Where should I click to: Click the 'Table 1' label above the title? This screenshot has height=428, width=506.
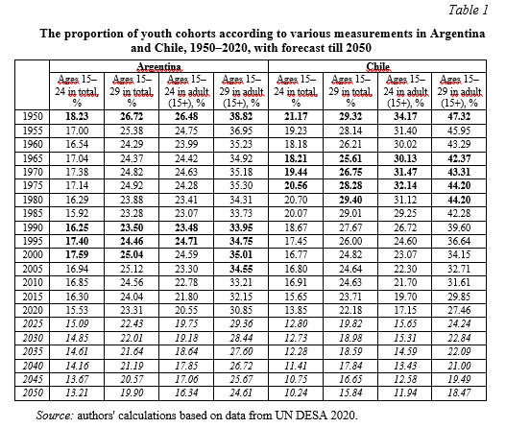pos(469,10)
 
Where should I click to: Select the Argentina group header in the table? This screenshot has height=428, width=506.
pos(158,67)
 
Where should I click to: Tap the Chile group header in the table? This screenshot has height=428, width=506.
pos(377,67)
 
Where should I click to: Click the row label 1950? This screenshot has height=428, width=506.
pos(33,116)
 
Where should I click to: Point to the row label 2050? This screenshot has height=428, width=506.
pos(33,392)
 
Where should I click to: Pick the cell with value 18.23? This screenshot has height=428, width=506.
pos(77,116)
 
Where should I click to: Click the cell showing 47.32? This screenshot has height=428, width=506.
pos(459,116)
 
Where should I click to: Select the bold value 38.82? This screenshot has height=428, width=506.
pos(241,116)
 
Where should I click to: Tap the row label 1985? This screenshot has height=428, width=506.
pos(33,213)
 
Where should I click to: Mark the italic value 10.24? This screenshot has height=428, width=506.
pos(296,392)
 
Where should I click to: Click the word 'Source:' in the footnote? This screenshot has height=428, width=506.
pos(55,416)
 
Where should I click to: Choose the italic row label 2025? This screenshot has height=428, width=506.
pos(33,323)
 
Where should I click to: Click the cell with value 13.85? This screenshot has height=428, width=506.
pos(296,310)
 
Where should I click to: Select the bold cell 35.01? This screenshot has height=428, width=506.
pos(241,255)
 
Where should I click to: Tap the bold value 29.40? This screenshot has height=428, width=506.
pos(350,200)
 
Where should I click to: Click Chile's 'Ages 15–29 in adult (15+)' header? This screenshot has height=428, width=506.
pos(459,91)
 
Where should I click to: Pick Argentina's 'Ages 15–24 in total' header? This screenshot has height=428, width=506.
pos(77,91)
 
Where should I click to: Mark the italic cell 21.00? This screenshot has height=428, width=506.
pos(459,366)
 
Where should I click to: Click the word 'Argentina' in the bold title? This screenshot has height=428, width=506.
pos(457,34)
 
